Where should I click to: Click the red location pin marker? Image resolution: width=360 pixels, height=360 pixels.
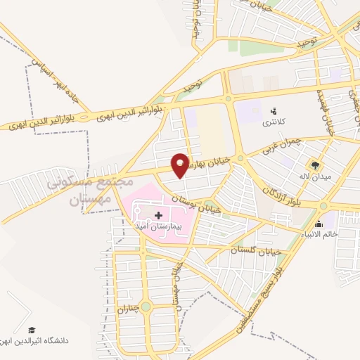pos(181,165)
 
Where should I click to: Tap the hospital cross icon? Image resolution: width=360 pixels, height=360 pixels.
pos(157,215)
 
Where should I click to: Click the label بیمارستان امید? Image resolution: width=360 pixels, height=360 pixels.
pos(157,228)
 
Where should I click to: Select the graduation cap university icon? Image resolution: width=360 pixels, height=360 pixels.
pos(31,330)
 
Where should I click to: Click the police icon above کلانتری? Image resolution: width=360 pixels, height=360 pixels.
pos(274,110)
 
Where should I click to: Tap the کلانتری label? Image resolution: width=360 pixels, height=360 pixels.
pos(273,123)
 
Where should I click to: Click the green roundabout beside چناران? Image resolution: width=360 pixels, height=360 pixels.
pos(146,307)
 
